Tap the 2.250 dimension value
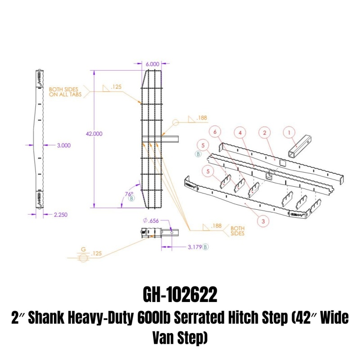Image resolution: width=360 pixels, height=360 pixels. pyautogui.click(x=60, y=215)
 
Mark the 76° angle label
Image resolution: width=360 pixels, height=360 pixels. pyautogui.click(x=129, y=193)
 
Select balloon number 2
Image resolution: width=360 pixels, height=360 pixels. pyautogui.click(x=265, y=133)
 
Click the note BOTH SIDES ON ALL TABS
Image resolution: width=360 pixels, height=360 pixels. pyautogui.click(x=63, y=92)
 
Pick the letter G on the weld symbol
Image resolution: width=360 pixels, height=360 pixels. pyautogui.click(x=83, y=249)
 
